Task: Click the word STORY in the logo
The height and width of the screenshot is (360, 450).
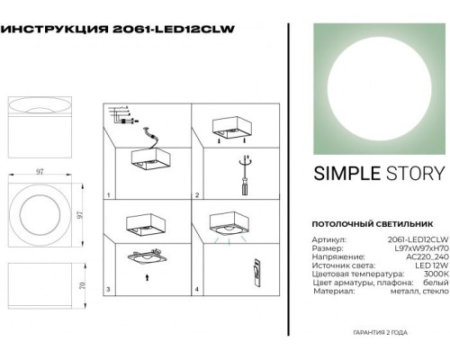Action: [413, 174]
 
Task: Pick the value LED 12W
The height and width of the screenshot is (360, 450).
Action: [428, 267]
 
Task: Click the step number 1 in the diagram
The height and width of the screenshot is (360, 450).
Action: [108, 195]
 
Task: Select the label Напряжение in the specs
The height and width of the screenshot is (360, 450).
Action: [332, 257]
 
